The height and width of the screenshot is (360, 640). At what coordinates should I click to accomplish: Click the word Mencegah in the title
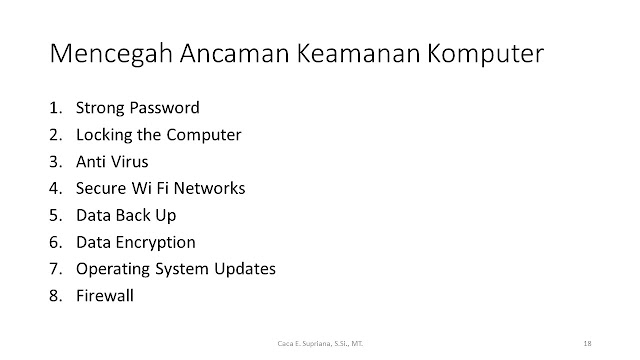click(x=111, y=54)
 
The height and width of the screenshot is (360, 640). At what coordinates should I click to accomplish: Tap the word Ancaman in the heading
click(x=234, y=53)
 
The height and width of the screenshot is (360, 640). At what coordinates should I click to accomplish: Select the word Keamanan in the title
click(x=358, y=53)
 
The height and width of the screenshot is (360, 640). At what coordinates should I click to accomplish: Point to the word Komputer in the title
click(x=486, y=54)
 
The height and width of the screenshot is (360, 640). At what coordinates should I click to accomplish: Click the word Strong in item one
click(x=100, y=109)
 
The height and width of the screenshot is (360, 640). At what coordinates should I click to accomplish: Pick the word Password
click(x=165, y=107)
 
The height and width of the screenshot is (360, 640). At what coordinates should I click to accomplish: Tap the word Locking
click(x=104, y=136)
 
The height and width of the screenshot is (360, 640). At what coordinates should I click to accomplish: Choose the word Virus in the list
click(x=130, y=162)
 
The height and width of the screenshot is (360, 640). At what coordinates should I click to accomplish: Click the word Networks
click(x=209, y=188)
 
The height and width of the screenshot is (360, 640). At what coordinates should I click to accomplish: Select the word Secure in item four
click(x=101, y=188)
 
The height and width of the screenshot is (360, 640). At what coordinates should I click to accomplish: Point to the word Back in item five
click(x=133, y=215)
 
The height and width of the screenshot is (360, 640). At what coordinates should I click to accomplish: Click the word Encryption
click(x=156, y=243)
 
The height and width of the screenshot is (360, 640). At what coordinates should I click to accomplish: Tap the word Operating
click(x=113, y=270)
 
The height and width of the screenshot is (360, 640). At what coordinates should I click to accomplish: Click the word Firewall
click(x=105, y=296)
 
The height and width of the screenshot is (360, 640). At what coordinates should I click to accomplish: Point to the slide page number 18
click(x=587, y=343)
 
